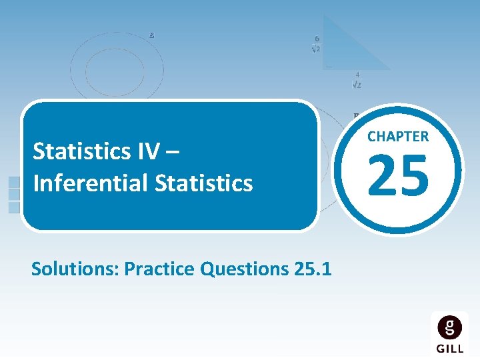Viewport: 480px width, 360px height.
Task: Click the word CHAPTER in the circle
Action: [398, 137]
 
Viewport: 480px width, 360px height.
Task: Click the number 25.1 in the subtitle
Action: [313, 269]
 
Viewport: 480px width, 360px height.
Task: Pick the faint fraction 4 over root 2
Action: [357, 80]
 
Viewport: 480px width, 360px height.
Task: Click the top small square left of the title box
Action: [14, 182]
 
